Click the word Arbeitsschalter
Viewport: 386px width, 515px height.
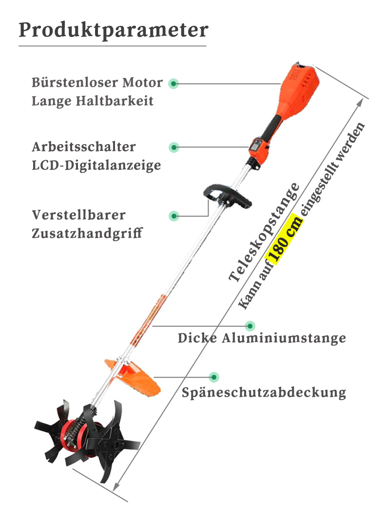pos(84,147)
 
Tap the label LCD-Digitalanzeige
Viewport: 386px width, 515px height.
pos(96,166)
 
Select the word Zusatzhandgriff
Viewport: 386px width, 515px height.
pos(87,233)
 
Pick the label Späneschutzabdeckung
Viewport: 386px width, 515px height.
pos(264,392)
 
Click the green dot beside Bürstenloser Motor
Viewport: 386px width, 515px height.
pos(174,84)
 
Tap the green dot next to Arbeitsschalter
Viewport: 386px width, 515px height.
pos(174,147)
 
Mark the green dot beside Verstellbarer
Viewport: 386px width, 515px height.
pos(174,216)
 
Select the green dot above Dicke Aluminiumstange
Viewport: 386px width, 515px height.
pos(250,326)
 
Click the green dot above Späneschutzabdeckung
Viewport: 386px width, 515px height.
pos(213,377)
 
